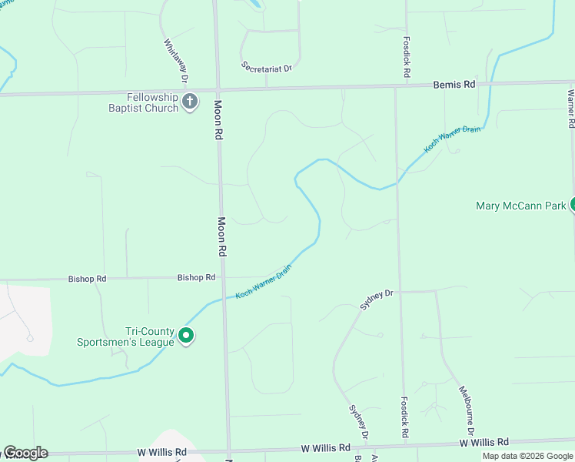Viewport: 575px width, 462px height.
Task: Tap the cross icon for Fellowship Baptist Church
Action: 190,101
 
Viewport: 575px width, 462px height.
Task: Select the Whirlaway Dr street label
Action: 176,62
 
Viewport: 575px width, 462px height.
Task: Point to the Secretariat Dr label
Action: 267,68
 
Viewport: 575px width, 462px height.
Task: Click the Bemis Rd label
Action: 454,84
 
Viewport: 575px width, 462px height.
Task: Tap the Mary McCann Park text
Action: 521,206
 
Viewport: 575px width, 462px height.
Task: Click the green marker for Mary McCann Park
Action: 572,205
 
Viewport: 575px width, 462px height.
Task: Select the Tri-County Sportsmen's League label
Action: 126,336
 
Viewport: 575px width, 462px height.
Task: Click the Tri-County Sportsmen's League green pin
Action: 185,336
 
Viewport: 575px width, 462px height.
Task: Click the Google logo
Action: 25,453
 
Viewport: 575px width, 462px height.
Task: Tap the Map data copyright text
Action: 527,456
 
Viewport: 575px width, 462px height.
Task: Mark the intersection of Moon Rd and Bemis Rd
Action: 218,90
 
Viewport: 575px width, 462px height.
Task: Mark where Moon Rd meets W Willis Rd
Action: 228,452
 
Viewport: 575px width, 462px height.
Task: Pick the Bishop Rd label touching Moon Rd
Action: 196,277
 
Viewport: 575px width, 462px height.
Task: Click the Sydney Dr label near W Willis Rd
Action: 359,423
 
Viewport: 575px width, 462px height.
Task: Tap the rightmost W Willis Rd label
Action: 484,443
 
